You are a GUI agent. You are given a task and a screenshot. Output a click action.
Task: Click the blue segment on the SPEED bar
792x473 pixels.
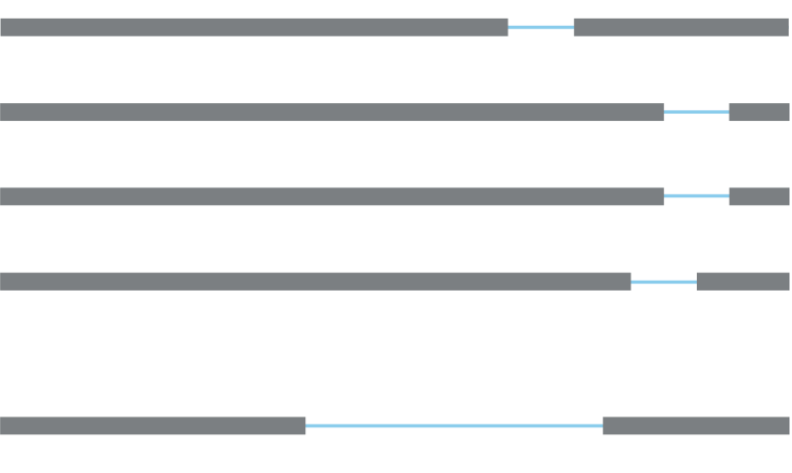540,27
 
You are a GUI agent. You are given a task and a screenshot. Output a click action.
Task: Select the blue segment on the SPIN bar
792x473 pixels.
696,111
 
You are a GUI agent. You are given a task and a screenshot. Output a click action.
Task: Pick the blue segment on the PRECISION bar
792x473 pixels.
696,195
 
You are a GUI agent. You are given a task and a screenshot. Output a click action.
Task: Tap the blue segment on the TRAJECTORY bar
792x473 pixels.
663,282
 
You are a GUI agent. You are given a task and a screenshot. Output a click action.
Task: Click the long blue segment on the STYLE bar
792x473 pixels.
454,426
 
